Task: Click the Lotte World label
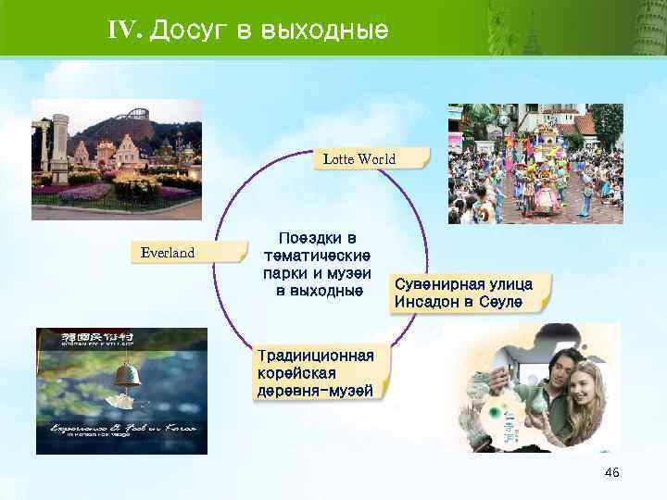click(359, 159)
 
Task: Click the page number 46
click(611, 473)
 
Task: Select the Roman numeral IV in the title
click(123, 30)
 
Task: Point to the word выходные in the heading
click(324, 31)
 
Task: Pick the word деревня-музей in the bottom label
click(315, 391)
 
